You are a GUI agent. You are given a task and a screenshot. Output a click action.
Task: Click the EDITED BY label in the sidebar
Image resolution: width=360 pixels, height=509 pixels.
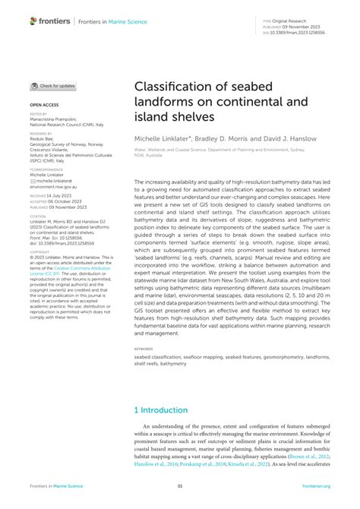38,114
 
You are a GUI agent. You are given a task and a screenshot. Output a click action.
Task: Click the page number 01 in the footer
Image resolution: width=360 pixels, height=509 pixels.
180,486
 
